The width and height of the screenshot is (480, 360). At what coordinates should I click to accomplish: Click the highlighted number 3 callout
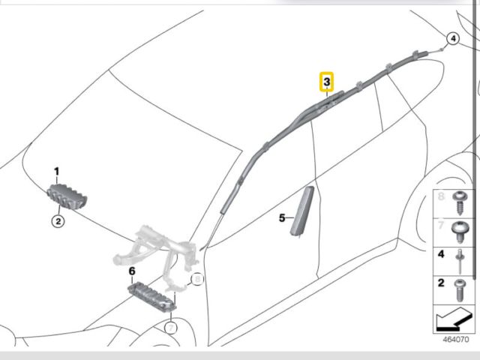pos(327,82)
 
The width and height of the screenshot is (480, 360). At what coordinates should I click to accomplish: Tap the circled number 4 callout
pos(453,39)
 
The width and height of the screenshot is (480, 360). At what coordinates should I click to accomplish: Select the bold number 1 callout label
pos(57,172)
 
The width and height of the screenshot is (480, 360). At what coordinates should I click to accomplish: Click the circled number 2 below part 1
pos(58,221)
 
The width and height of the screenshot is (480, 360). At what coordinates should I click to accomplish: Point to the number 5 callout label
pos(282,218)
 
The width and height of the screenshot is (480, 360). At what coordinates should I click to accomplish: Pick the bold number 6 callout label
pos(132,271)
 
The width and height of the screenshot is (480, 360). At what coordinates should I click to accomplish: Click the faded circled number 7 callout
pos(171,328)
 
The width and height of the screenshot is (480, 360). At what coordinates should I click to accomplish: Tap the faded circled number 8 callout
pos(197,279)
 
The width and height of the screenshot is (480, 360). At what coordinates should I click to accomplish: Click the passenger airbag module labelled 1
pos(67,196)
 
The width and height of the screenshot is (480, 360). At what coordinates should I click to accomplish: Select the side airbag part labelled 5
pos(302,211)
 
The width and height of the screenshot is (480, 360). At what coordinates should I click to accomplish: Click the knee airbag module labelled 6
pos(152,295)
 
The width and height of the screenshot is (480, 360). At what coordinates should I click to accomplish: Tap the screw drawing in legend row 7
pos(460,232)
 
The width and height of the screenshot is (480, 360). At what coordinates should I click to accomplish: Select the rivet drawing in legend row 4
pos(460,261)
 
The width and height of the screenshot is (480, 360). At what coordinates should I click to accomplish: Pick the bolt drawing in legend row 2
pos(460,290)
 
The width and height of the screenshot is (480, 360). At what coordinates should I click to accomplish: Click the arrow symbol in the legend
pos(453,319)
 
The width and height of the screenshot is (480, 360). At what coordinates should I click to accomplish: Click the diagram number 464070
pos(456,340)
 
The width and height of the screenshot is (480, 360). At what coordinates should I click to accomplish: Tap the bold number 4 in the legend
pos(441,254)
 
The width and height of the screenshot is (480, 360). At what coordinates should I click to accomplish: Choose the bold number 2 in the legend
pos(441,283)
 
